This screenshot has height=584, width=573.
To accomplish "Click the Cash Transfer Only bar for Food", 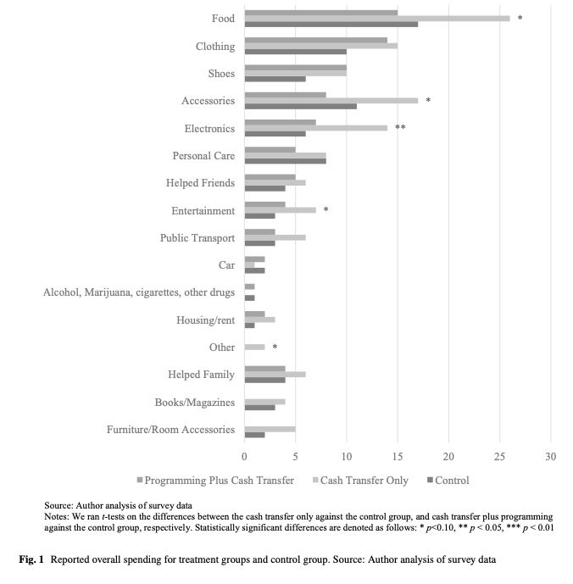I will point(377,18).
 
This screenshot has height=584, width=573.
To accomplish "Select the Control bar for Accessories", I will point(300,107).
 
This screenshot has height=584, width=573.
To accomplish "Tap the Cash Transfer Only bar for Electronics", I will point(315,127).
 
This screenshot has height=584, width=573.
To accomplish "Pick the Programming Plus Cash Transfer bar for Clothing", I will point(315,40).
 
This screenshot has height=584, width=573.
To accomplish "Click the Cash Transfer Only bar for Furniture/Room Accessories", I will point(270,429).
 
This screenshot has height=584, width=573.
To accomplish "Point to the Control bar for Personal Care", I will point(285,161).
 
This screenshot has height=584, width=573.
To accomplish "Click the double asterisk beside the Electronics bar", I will point(400,128).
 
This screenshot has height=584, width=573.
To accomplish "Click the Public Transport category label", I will point(197,238).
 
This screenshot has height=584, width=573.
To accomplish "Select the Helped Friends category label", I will point(200,183).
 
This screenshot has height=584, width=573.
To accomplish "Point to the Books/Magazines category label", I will point(194,402).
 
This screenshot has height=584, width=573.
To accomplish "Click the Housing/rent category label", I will point(205,320).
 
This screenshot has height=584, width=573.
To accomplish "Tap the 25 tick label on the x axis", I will point(499,457).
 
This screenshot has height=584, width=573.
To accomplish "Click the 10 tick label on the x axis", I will point(347,457).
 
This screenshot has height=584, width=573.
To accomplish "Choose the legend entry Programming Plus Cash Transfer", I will point(219,481).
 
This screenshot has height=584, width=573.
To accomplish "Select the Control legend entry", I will point(451,481).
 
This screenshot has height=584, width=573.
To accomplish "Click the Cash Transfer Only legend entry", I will point(364,481).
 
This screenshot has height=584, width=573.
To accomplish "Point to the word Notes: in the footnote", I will point(59,516).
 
